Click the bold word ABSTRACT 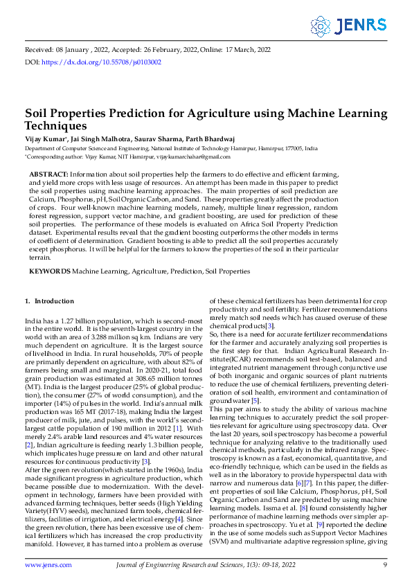(x=47, y=173)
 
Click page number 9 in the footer (x=385, y=565)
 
